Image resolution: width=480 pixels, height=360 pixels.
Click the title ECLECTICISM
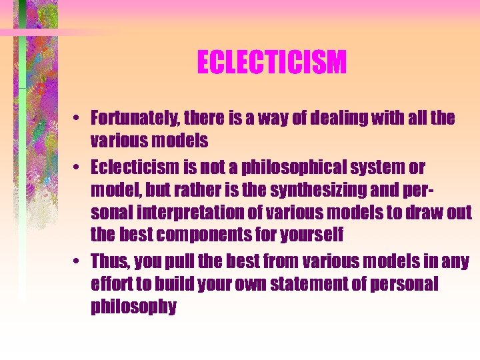click(271, 63)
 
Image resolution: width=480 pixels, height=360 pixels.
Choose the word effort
click(111, 284)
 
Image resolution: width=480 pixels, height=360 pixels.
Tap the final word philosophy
click(134, 307)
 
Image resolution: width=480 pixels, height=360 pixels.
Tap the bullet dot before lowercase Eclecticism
click(79, 167)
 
